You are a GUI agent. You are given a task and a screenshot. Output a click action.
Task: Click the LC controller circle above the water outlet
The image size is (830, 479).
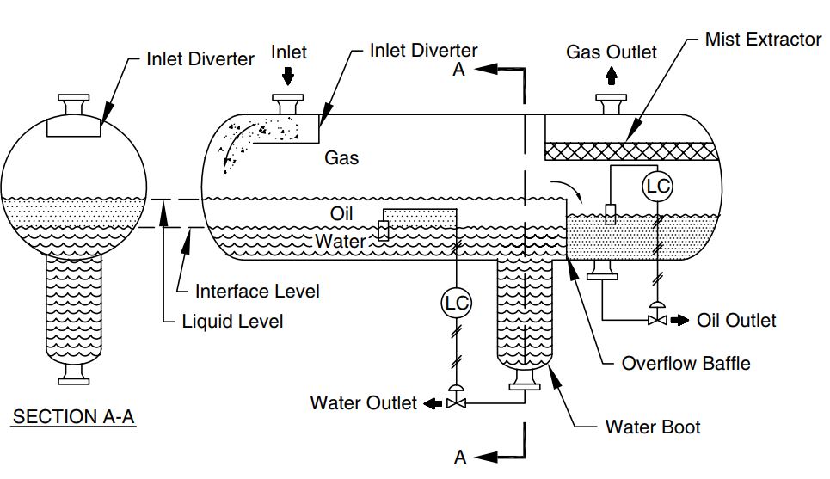[455, 303]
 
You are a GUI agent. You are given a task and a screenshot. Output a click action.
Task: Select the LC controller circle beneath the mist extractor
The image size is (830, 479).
[657, 187]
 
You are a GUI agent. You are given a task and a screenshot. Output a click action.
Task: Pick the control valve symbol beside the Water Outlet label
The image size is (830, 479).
[457, 402]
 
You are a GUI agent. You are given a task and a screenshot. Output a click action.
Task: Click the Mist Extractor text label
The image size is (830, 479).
[762, 40]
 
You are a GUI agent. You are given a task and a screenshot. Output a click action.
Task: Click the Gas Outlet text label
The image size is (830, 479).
[612, 52]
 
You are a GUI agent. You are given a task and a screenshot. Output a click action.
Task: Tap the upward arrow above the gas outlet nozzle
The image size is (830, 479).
[612, 77]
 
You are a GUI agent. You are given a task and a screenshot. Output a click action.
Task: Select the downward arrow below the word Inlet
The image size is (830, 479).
[288, 77]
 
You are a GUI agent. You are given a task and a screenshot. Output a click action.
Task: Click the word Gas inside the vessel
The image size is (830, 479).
[341, 158]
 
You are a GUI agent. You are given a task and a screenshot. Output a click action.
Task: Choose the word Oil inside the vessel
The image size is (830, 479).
[341, 213]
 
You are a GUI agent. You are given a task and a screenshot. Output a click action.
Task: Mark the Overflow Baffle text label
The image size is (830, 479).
[686, 363]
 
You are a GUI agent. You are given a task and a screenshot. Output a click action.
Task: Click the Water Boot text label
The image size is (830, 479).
[653, 427]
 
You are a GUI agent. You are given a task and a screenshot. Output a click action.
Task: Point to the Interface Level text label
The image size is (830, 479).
[257, 292]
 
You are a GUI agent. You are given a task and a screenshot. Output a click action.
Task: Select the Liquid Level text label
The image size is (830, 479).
[232, 322]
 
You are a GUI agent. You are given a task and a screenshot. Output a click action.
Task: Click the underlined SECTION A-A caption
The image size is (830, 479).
[73, 417]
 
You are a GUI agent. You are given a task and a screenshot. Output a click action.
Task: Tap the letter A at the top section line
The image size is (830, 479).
[459, 70]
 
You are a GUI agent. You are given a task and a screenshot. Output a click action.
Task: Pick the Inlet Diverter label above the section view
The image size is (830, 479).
[200, 59]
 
